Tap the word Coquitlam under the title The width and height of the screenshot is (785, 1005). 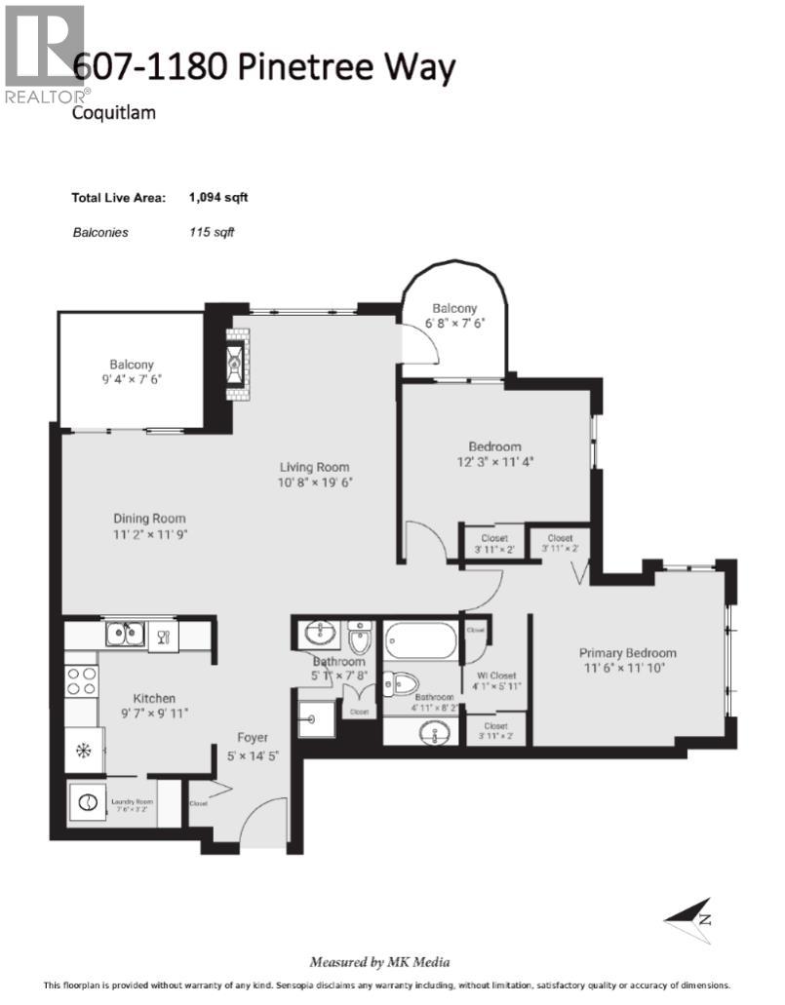click(x=114, y=112)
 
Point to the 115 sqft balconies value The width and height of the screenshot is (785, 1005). click(x=212, y=232)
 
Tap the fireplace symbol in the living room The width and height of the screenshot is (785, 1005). click(x=237, y=364)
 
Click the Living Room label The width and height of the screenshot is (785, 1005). click(x=313, y=467)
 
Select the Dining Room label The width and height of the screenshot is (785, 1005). click(x=149, y=519)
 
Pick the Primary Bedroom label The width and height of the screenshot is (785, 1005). click(x=627, y=653)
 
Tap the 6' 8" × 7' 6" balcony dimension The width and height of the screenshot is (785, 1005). click(x=455, y=325)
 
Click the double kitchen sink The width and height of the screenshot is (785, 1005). click(x=127, y=635)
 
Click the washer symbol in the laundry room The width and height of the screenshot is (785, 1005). click(x=88, y=803)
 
